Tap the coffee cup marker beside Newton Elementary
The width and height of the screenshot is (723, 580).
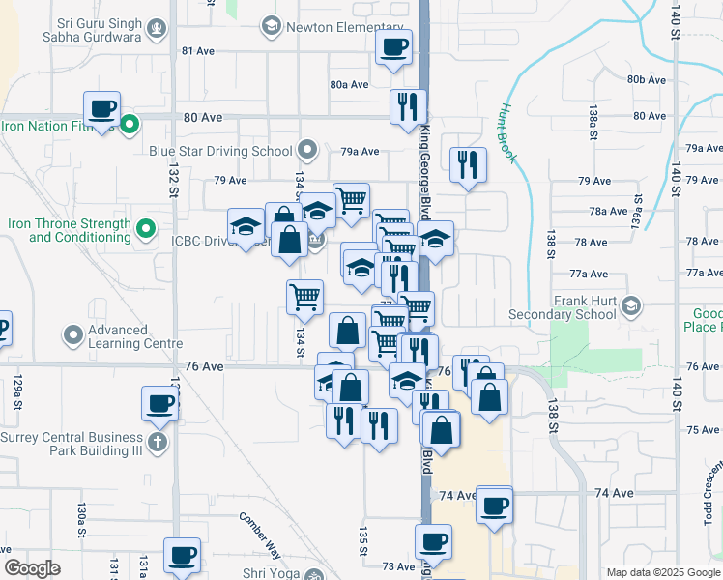pos(393,47)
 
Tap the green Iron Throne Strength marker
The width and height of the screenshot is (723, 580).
pos(145,229)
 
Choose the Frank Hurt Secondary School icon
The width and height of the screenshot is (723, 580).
pos(630,306)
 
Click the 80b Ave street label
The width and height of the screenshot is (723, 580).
pos(646,79)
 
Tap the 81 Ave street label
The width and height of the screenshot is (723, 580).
pos(197,50)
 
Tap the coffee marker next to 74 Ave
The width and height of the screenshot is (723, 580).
pos(495,507)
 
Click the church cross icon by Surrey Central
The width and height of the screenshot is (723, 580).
pos(156,443)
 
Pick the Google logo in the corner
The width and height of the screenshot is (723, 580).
pos(32,567)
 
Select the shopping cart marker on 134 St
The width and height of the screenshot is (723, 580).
pos(305,297)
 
